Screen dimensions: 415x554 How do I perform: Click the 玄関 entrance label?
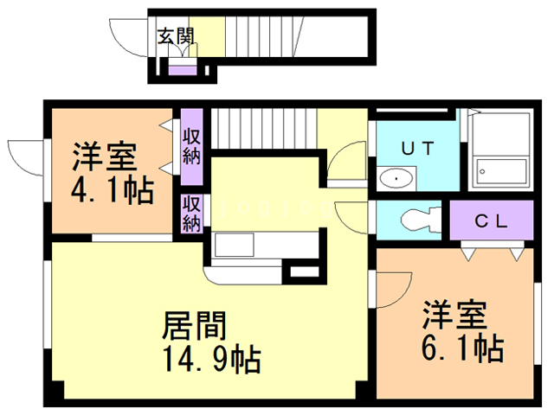[175, 36]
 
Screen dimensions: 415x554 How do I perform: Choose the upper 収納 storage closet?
[191, 146]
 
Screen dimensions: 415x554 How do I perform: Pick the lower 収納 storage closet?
[191, 213]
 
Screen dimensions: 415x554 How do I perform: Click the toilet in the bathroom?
[415, 219]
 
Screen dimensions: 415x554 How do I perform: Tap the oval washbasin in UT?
[396, 179]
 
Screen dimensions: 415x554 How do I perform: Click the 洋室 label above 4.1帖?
[103, 158]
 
